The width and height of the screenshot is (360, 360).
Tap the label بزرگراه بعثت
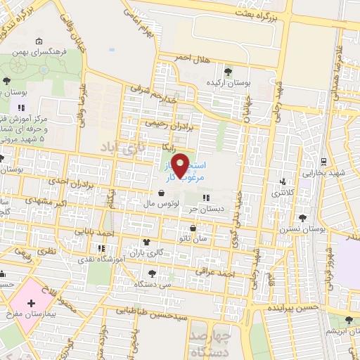(x=296, y=13)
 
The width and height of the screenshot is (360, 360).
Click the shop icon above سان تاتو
(x=193, y=227)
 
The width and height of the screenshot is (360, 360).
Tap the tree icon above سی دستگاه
(x=152, y=272)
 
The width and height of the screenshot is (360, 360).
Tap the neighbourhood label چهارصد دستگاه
(x=216, y=341)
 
